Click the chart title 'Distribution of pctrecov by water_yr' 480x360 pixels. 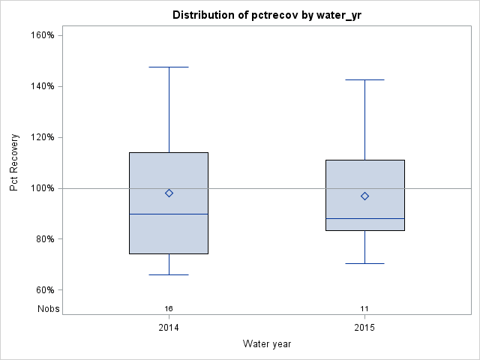(x=260, y=15)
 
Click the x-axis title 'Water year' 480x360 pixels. (x=267, y=343)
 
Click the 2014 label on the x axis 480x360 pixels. (x=169, y=328)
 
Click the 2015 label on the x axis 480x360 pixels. (x=364, y=328)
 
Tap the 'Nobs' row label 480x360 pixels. (x=47, y=309)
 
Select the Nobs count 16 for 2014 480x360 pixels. (x=169, y=309)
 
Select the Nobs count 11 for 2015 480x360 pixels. (x=364, y=309)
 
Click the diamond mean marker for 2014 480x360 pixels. (x=169, y=193)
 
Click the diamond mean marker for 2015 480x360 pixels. (x=364, y=196)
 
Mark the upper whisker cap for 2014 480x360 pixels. (x=169, y=67)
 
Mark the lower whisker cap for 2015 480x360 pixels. (x=364, y=263)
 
